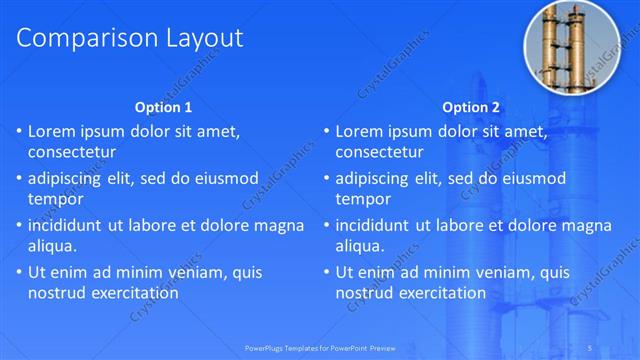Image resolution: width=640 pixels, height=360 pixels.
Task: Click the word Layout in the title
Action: point(203,38)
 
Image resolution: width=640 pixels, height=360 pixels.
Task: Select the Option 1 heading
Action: point(163,107)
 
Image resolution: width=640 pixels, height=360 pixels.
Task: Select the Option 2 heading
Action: point(472,107)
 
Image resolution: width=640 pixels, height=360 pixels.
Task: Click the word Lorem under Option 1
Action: point(54,131)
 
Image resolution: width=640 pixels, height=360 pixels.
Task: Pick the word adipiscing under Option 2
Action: point(377,178)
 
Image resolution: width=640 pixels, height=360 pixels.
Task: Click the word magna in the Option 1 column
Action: point(280,225)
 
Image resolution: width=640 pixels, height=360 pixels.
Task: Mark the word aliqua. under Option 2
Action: point(360,246)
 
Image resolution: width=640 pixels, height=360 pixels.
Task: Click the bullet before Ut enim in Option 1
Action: point(18,272)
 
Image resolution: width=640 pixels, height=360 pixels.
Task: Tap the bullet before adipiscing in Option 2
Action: point(325,178)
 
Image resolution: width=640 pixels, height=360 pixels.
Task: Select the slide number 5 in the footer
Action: point(592,348)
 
